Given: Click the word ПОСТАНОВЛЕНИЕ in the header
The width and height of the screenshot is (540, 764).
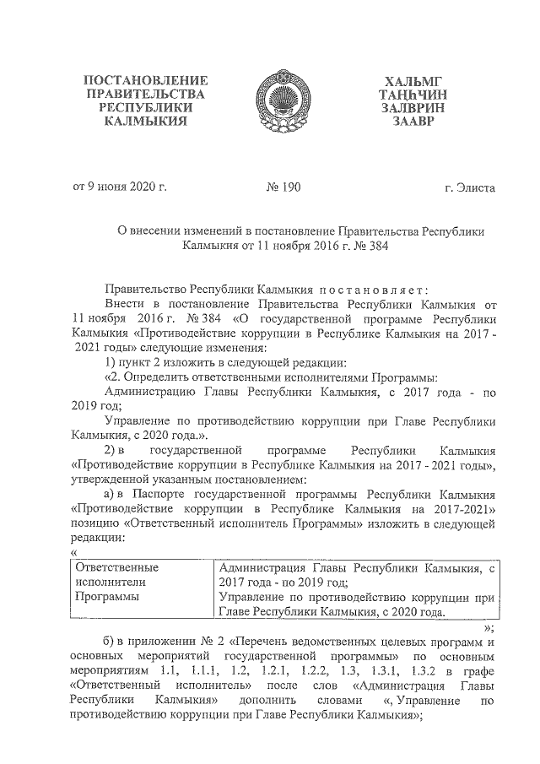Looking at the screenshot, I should click(146, 80).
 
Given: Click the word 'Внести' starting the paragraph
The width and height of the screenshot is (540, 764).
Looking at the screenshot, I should click(126, 302).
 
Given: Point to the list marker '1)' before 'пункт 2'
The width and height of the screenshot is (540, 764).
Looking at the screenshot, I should click(110, 363).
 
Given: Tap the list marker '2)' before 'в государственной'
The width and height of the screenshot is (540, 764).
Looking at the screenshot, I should click(110, 448).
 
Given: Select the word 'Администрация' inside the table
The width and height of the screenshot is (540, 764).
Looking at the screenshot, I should click(258, 568).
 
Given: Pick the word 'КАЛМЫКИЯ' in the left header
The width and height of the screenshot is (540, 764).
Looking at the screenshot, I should click(146, 122).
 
